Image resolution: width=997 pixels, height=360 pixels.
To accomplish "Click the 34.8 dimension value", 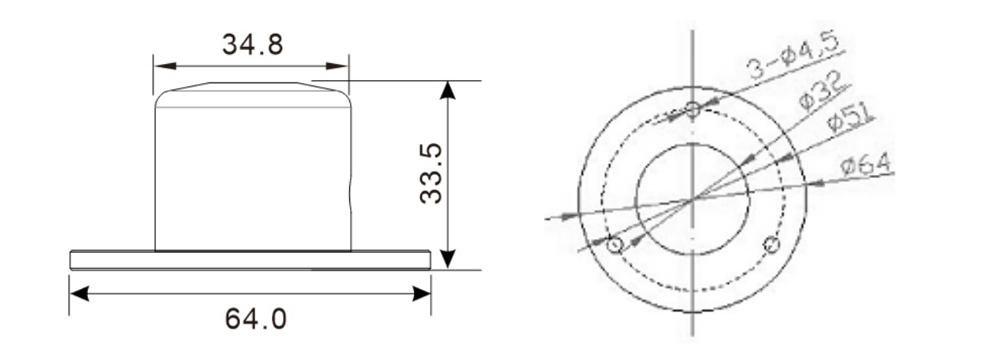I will pos(252,45).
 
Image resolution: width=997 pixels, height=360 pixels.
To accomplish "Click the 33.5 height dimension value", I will pos(432,173).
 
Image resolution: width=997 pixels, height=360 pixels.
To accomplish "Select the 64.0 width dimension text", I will pos(255,318).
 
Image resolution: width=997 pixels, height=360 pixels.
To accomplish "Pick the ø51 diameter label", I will pos(849,119).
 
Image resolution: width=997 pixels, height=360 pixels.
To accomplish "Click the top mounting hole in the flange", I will pos(692,109).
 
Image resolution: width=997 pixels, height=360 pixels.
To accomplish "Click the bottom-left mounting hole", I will pos(615,246).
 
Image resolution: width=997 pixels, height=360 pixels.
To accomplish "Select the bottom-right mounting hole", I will pos(771,246).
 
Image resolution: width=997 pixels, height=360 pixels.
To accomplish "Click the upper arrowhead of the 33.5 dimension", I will pos(447,89).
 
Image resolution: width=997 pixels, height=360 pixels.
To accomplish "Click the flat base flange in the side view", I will pos(250,259).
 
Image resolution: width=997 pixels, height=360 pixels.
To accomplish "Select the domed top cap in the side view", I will pos(252,94).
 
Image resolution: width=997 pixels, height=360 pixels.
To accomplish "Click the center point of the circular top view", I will pos(692,199).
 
